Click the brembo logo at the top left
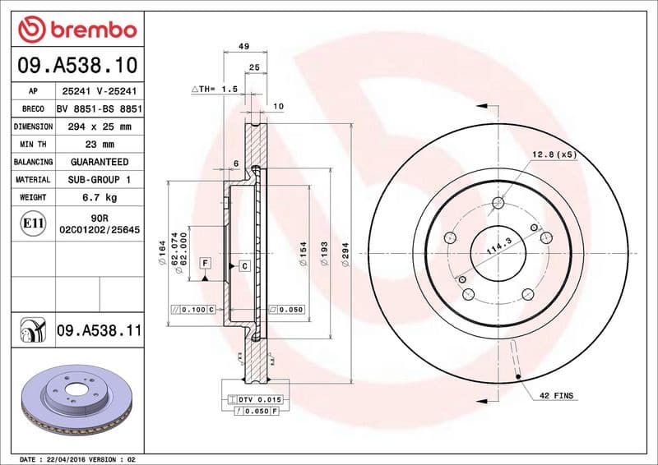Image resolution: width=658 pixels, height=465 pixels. (76, 30)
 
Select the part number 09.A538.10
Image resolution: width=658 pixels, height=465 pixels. (76, 64)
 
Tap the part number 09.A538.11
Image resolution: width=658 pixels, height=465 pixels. (100, 331)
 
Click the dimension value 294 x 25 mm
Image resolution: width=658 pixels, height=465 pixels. (99, 127)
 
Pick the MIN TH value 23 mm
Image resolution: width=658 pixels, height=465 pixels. (99, 145)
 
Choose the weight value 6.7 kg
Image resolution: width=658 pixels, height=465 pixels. (99, 198)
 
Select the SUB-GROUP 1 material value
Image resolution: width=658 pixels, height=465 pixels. (99, 180)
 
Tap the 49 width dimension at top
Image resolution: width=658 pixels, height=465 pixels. (243, 48)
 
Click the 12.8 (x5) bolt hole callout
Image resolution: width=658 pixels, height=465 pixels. (553, 154)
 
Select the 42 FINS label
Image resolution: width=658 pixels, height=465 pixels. (556, 396)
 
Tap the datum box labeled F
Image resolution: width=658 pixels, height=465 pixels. (204, 264)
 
